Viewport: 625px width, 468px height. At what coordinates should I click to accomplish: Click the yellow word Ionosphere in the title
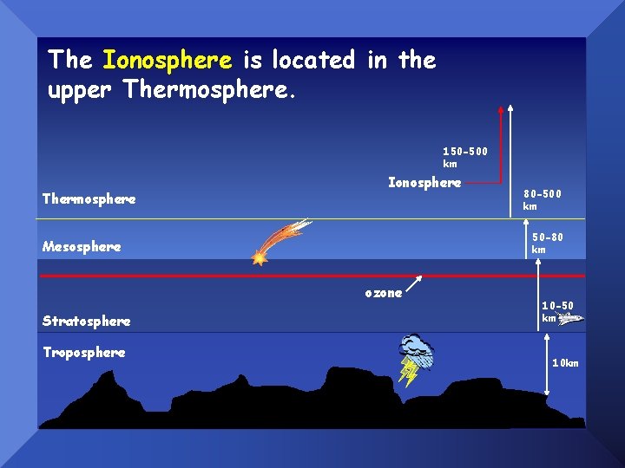click(x=167, y=60)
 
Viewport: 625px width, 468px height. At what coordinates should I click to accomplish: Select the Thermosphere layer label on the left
click(x=89, y=199)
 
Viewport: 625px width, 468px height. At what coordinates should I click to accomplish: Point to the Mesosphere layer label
click(x=82, y=247)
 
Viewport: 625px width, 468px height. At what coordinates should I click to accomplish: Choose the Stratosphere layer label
click(x=86, y=322)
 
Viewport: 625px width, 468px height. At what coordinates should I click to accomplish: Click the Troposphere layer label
click(x=83, y=353)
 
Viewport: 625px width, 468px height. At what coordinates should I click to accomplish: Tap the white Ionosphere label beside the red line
click(x=424, y=183)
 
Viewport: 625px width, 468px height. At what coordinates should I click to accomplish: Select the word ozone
click(x=383, y=294)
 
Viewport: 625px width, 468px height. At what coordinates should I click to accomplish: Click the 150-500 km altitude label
click(x=465, y=157)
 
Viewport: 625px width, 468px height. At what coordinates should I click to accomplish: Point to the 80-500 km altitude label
click(x=542, y=200)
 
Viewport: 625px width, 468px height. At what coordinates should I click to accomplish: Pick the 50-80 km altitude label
click(x=547, y=244)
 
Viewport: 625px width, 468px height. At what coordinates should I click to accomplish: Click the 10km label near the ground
click(x=565, y=363)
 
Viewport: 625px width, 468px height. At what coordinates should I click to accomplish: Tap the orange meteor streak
click(x=280, y=241)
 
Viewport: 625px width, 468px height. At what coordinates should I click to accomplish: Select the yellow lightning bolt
click(x=407, y=372)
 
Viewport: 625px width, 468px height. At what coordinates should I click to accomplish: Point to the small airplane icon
click(x=570, y=319)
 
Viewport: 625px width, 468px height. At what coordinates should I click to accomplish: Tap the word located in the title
click(x=312, y=60)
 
